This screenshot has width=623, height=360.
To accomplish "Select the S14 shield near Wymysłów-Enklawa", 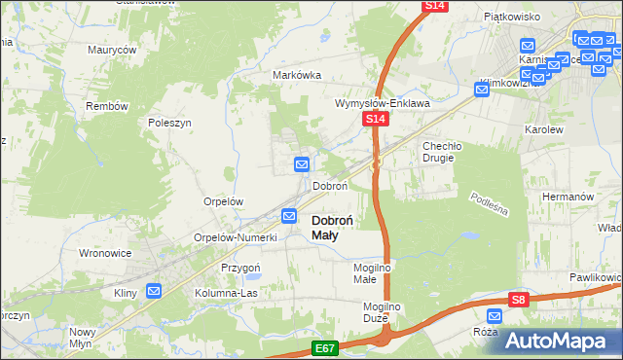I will point(377,119).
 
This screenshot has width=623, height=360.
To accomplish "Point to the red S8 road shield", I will point(521,301).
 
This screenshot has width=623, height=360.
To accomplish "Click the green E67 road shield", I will point(326,347).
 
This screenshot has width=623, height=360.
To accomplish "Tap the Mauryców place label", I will point(112,49).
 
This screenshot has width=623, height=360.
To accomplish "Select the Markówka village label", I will point(297,75).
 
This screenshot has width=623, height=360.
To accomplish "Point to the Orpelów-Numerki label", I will point(237,237).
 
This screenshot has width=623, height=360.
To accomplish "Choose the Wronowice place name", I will point(104,252).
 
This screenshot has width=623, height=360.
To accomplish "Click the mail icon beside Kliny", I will point(154,290).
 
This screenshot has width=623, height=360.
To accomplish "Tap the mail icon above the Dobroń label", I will point(302,164).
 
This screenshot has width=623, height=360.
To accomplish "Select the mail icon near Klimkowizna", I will point(482,90).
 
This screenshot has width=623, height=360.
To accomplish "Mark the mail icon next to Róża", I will point(495,315).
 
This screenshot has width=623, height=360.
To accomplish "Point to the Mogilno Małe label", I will point(371,273).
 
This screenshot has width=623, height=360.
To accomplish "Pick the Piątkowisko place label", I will point(512,17).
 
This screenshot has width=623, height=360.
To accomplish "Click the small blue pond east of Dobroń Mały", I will point(469,235).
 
